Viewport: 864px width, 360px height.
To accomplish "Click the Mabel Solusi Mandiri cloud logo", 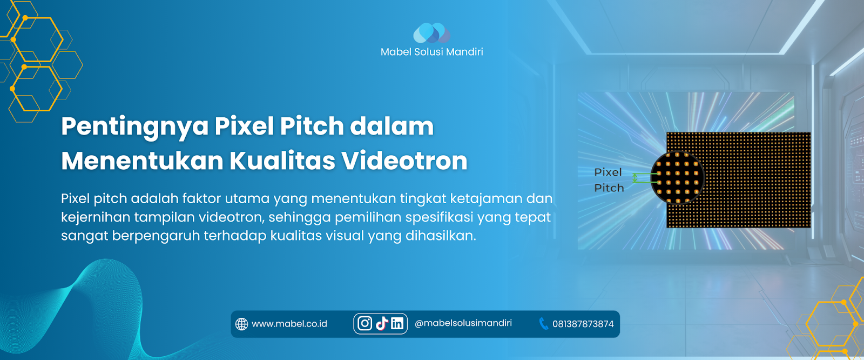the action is tap(431, 33).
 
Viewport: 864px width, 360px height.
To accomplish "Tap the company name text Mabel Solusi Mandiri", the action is tap(431, 52).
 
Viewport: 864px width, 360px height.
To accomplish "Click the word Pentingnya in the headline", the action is tap(134, 127).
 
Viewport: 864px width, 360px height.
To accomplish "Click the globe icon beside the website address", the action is tap(241, 324).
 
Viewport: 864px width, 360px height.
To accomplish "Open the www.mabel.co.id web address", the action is tap(289, 324).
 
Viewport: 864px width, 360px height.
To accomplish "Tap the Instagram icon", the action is tap(364, 323).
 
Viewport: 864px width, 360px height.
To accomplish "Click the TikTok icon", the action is tap(382, 323).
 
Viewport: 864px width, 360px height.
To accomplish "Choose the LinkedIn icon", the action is tap(397, 323).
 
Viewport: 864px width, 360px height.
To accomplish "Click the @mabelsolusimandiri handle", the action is tap(463, 323).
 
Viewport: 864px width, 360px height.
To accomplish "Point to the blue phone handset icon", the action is tap(543, 324).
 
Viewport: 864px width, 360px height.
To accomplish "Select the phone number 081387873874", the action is tap(583, 324).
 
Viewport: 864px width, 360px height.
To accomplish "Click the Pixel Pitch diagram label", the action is tap(609, 180).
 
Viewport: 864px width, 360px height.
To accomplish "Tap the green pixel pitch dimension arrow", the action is tap(635, 178).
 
